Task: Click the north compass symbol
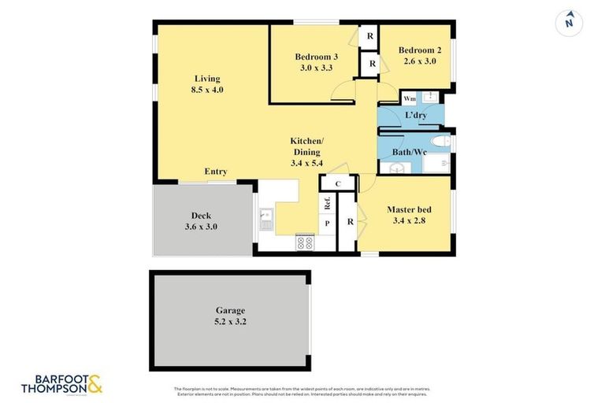pos(568,21)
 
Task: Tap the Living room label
pos(208,79)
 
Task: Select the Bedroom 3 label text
pos(317,57)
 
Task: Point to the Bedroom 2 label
pos(419,50)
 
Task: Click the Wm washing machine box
pos(410,98)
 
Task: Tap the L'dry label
pos(416,116)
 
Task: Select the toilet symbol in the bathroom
pos(440,142)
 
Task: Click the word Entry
pos(216,172)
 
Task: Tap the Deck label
pos(201,215)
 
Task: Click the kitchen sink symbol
pos(266,219)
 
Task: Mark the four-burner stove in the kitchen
pos(304,242)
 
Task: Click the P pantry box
pos(327,224)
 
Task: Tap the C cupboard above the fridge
pos(336,183)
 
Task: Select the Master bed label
pos(406,209)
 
